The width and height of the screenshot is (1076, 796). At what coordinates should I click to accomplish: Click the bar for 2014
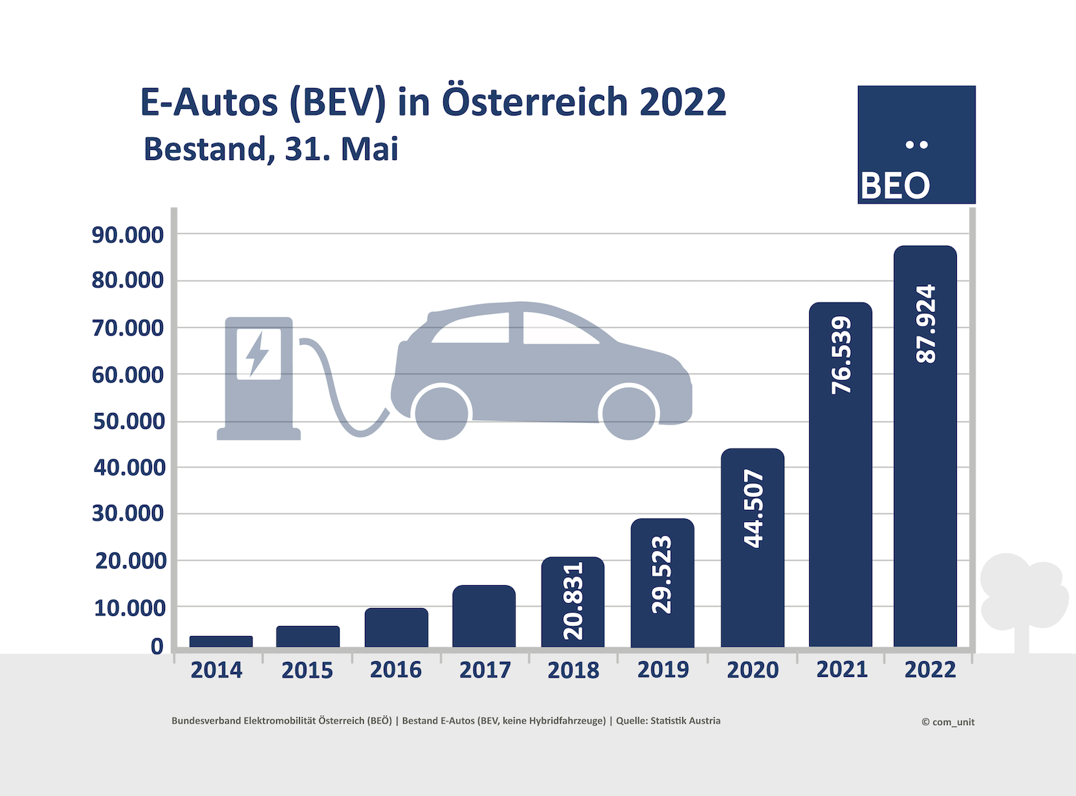[221, 641]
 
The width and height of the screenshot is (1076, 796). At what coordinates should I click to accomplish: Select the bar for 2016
[396, 627]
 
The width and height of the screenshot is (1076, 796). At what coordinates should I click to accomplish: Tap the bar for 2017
[484, 616]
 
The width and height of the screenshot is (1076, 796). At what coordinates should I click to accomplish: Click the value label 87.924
[926, 323]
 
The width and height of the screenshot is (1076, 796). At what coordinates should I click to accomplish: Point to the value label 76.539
[841, 356]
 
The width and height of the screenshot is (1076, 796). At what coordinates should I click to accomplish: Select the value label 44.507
[753, 509]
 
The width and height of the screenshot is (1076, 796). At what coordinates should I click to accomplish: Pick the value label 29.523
[662, 575]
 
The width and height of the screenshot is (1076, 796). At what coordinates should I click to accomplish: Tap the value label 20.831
[573, 601]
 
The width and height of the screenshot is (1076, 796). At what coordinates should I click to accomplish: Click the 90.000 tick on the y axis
[128, 234]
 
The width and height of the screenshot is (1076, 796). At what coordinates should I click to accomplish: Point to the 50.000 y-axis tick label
[129, 421]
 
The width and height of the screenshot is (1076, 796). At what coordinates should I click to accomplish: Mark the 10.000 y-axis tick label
[130, 608]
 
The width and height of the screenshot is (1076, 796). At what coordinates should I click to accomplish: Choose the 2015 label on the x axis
[307, 671]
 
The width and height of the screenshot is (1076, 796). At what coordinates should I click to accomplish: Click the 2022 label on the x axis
[930, 670]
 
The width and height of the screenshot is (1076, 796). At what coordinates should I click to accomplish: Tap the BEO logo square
[916, 145]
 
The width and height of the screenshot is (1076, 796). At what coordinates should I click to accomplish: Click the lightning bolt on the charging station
[258, 353]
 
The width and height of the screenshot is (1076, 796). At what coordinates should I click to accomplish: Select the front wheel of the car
[629, 413]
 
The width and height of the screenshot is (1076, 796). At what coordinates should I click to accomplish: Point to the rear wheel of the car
[442, 413]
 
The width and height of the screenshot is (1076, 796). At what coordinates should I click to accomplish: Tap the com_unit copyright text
[948, 722]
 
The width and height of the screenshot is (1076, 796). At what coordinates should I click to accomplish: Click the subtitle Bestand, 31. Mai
[270, 149]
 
